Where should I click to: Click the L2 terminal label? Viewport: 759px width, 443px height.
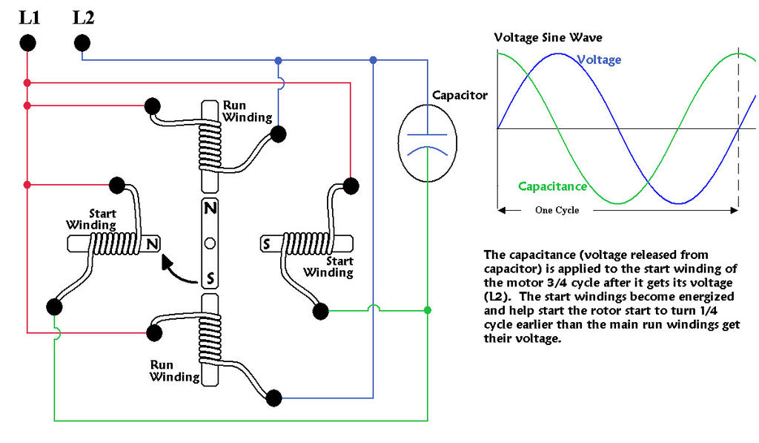click(83, 17)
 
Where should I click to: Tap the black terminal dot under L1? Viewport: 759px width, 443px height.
click(27, 44)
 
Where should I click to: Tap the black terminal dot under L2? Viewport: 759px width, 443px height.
click(82, 44)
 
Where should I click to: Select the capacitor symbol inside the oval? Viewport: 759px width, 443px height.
click(428, 142)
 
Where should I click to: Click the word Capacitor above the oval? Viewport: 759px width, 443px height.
click(460, 95)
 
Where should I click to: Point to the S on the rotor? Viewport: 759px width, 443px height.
click(211, 278)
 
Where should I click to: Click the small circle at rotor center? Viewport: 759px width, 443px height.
click(211, 243)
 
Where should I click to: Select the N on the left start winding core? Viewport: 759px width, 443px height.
click(152, 243)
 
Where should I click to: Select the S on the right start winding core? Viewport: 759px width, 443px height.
click(267, 243)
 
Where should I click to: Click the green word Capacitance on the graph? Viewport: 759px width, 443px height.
click(552, 186)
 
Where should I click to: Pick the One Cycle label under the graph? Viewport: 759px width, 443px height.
click(557, 210)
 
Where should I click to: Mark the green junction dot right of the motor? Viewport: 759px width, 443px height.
click(428, 309)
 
